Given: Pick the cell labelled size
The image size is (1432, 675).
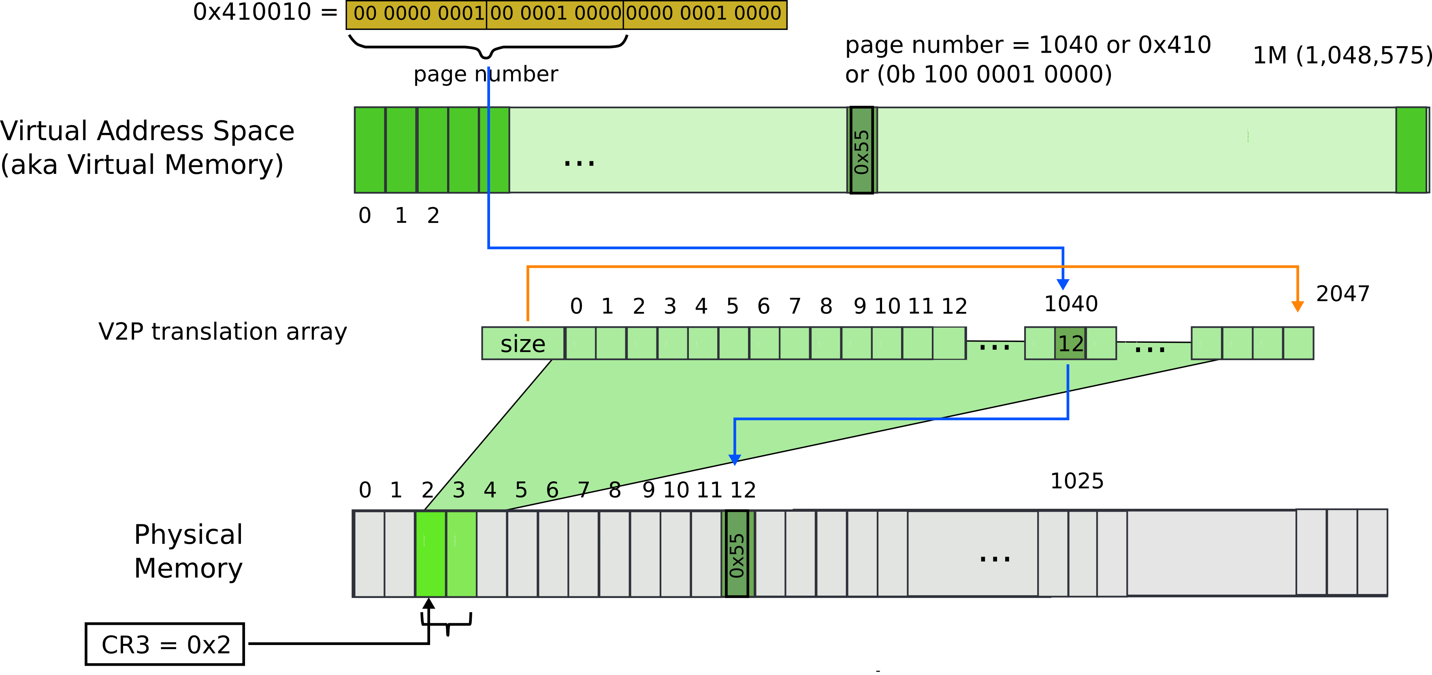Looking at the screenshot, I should click(x=522, y=344).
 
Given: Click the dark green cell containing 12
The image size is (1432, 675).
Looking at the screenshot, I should click(x=1070, y=344).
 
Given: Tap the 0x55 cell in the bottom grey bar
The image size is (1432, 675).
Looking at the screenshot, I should click(x=737, y=554).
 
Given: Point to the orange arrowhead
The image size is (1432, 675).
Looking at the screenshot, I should click(x=1298, y=306).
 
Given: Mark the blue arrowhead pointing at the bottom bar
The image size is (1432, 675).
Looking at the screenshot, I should click(x=734, y=460).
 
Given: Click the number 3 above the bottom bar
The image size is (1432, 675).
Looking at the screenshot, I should click(x=458, y=490).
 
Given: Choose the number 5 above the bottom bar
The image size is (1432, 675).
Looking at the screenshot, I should click(x=521, y=490).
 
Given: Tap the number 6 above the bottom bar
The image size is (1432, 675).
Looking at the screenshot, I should click(x=552, y=490).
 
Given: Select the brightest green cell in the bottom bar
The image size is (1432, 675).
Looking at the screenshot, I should click(x=430, y=554).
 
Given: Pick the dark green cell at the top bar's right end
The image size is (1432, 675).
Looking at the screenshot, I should click(x=1411, y=150).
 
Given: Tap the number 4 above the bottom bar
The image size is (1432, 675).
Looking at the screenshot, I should click(x=490, y=490).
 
